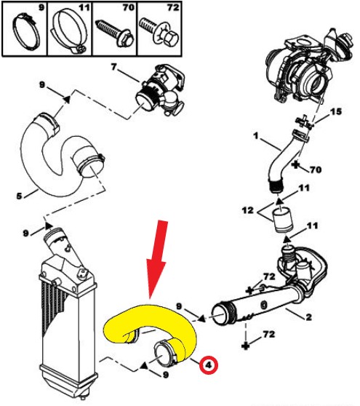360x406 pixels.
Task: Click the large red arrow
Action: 157,261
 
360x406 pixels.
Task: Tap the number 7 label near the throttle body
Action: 114,67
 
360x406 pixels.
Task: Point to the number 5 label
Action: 19,196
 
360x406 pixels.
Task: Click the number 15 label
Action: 336,111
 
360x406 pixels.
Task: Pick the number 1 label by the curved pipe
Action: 256,135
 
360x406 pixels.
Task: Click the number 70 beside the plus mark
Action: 316,170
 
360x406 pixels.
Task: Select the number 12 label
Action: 248,210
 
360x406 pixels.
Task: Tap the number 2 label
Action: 308,317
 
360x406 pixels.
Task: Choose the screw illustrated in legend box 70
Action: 115,32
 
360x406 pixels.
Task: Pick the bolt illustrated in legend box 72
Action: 159,31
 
